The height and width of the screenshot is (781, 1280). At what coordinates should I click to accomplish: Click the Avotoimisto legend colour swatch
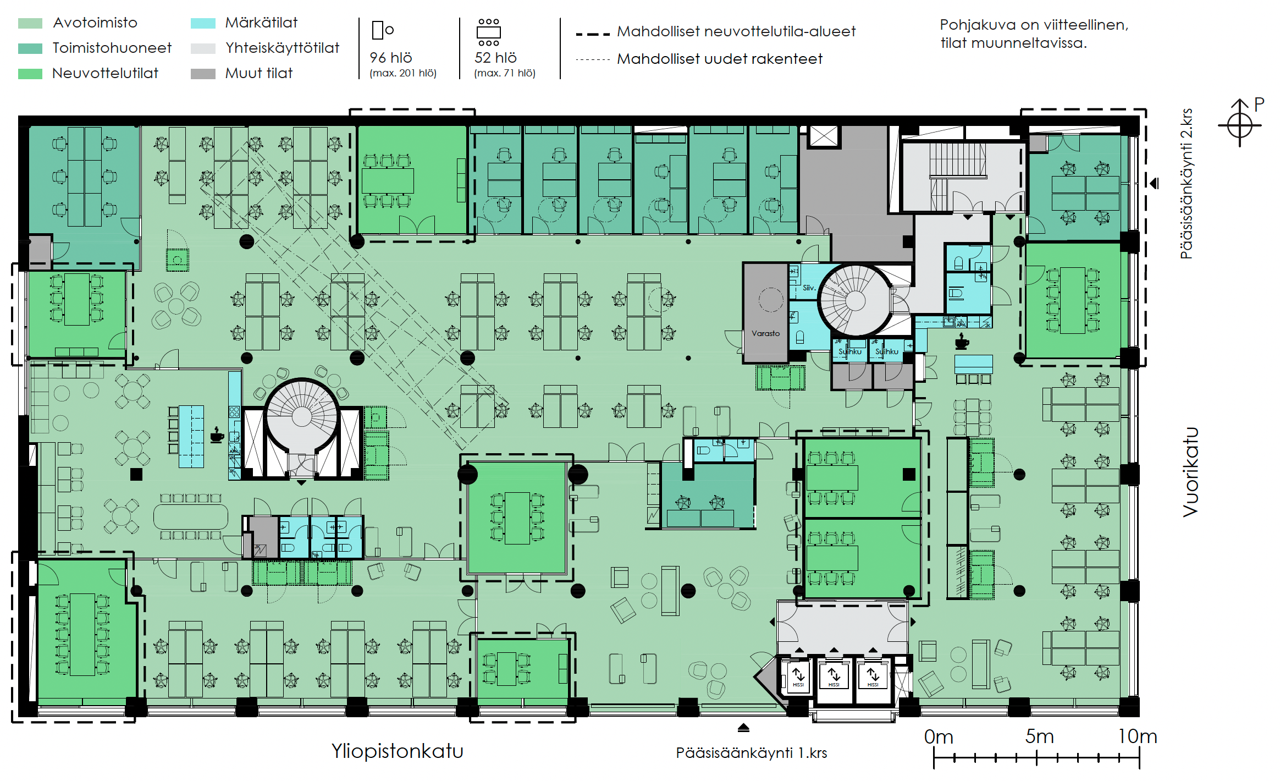click(x=30, y=23)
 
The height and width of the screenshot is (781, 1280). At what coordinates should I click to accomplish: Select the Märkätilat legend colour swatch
click(x=202, y=23)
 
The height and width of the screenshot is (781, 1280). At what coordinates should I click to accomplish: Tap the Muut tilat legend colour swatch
click(x=202, y=74)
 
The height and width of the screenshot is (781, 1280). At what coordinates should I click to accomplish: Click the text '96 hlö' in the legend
click(x=390, y=58)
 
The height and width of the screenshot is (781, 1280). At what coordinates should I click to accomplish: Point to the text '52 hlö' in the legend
click(x=495, y=58)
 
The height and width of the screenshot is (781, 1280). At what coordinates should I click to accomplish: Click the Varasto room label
click(x=765, y=333)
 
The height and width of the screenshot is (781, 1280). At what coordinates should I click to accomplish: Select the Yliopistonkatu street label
click(x=397, y=751)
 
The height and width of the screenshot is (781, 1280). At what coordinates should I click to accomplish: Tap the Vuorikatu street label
click(x=1190, y=472)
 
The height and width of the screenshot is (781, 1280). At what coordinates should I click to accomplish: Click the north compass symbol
click(x=1239, y=125)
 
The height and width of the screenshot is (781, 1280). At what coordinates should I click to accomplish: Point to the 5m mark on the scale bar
click(x=1036, y=758)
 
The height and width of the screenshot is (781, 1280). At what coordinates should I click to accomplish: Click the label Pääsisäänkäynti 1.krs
click(x=751, y=753)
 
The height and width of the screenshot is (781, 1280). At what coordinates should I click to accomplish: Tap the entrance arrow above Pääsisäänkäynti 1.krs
click(x=743, y=728)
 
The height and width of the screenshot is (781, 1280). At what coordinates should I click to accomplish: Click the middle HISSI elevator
click(x=834, y=676)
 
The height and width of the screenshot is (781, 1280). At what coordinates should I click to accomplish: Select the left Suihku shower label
click(x=849, y=351)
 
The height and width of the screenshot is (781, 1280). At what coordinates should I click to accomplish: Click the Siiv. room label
click(x=808, y=288)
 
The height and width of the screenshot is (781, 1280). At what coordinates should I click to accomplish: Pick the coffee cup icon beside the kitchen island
click(x=217, y=435)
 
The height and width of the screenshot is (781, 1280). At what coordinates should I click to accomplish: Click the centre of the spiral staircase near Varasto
click(x=855, y=300)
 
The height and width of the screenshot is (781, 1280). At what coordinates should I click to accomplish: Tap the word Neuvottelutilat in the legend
click(x=105, y=74)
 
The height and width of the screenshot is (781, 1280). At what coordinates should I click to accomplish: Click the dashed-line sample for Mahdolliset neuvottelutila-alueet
click(x=592, y=34)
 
